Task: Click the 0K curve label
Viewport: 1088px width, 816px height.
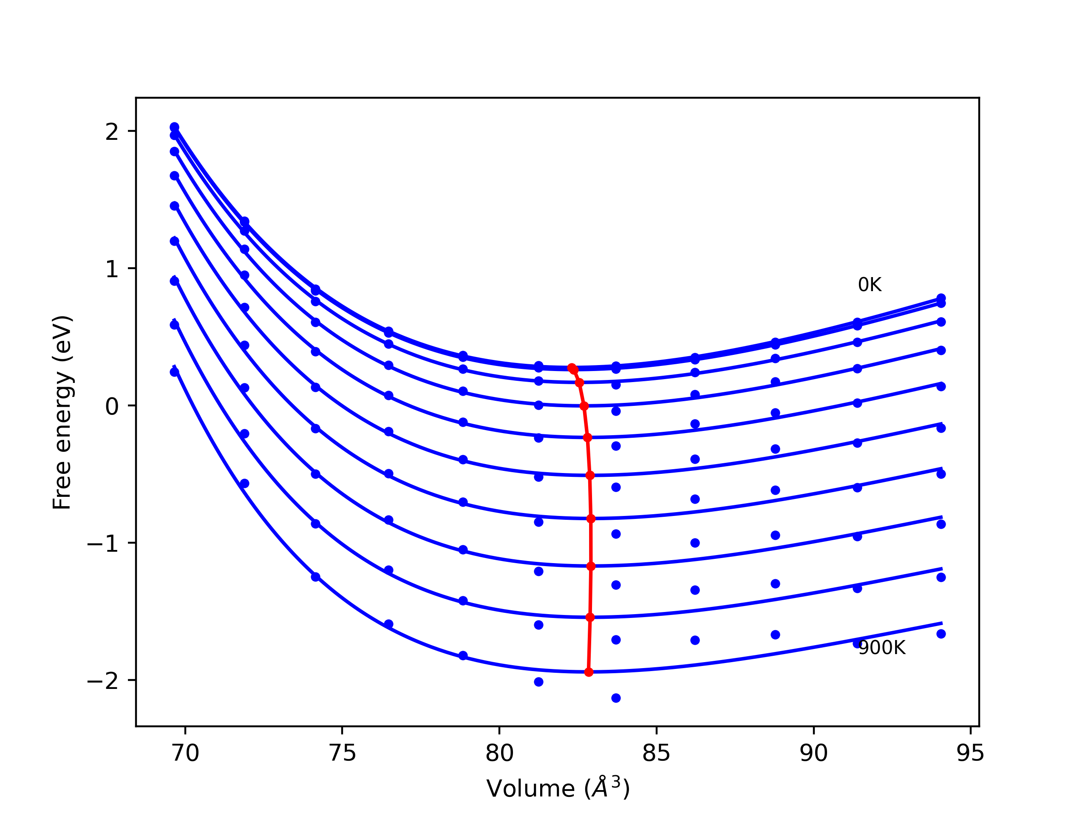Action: click(870, 285)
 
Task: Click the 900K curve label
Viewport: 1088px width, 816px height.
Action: click(881, 648)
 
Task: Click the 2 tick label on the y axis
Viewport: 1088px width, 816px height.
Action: click(112, 131)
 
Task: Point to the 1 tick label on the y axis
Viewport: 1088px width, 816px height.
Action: click(112, 269)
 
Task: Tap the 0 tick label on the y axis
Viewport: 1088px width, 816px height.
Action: click(112, 406)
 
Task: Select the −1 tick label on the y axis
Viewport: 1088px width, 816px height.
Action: click(103, 543)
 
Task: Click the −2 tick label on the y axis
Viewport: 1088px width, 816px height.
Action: click(103, 680)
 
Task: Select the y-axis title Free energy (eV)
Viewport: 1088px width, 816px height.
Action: click(62, 412)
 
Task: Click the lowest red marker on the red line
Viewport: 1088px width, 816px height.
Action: click(589, 672)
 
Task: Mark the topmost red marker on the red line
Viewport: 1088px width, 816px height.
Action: click(572, 368)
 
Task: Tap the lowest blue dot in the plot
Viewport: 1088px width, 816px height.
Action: click(616, 698)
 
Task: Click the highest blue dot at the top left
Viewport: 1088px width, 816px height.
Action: click(174, 127)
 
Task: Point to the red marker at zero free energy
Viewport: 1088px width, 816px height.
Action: click(584, 406)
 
